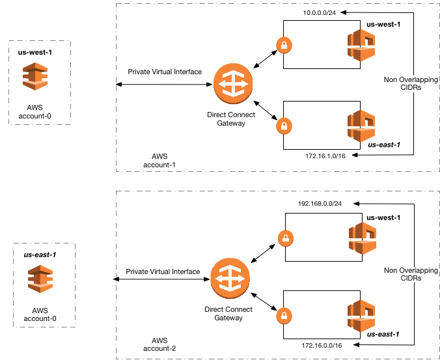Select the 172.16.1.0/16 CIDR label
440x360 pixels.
324,156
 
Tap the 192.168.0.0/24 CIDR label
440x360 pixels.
320,203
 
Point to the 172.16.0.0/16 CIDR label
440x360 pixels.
321,344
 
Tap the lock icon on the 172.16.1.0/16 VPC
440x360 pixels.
283,125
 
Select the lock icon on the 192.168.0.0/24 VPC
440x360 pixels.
284,238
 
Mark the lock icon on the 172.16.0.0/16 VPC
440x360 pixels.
284,316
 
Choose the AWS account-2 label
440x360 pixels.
159,344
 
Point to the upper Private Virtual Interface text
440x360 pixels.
165,72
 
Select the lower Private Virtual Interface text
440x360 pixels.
163,271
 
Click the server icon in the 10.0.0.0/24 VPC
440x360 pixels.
361,48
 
